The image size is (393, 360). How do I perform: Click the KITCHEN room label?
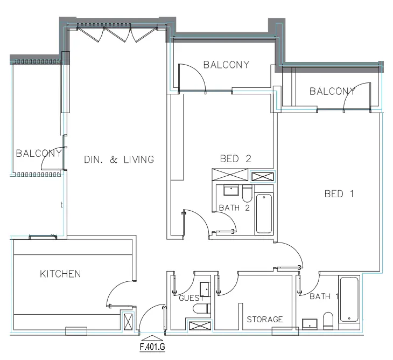point(60,274)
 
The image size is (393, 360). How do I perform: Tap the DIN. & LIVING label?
point(119,160)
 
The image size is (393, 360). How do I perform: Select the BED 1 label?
point(339,193)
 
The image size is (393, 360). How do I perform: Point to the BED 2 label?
point(236,158)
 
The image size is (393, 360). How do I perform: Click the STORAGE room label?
point(265,320)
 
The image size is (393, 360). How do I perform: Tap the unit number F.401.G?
point(152,347)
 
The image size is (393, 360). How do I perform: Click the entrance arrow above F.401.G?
point(152,338)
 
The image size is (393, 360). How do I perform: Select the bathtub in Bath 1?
point(349,300)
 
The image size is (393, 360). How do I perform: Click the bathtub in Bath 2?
point(264,213)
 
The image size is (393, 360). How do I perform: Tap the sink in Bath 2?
point(231,190)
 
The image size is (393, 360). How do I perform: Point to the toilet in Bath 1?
point(328,321)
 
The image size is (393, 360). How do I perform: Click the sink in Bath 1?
point(310,324)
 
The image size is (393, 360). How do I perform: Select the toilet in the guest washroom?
point(202,309)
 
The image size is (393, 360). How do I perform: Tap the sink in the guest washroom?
point(205,289)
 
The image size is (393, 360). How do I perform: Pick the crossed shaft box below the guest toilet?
point(200,326)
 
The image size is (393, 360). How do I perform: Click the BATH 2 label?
point(234,207)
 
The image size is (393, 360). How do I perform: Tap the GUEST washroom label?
point(191,298)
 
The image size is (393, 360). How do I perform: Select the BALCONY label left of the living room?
point(39,153)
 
